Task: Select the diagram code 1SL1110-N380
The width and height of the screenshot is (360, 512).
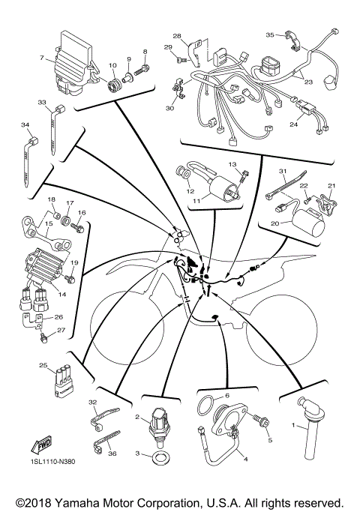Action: coord(53,460)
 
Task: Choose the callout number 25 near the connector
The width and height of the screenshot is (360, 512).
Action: coord(42,366)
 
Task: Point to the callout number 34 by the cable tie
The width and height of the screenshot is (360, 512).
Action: coord(25,125)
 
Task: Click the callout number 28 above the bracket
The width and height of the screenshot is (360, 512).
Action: coord(177,36)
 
